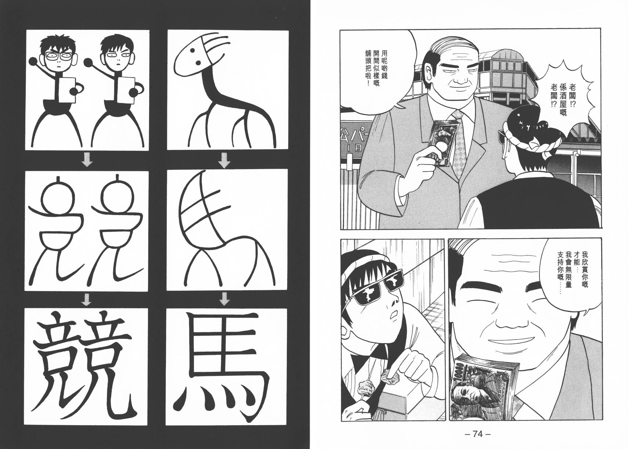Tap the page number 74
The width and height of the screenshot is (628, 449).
[x=477, y=434]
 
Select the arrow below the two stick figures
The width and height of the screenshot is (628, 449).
[x=87, y=161]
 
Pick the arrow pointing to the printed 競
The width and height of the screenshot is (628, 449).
[x=87, y=299]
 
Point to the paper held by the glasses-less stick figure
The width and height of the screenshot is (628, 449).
[x=124, y=89]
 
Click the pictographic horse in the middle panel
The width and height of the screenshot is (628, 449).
[x=226, y=230]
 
